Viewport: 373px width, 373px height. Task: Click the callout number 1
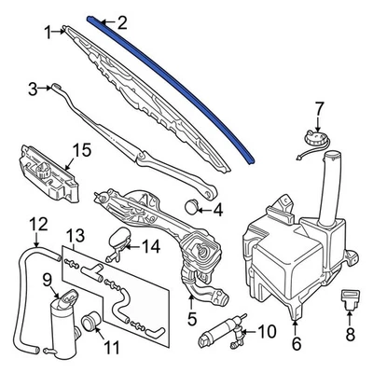(x=48, y=33)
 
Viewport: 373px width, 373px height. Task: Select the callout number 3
(x=33, y=89)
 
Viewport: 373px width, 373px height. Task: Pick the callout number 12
(x=37, y=223)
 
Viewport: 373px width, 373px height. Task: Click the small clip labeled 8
(x=351, y=299)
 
